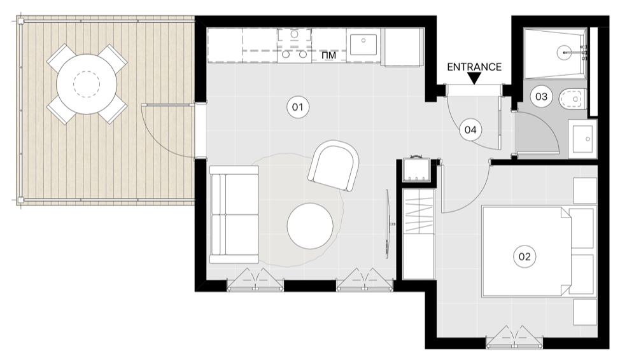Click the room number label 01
(297, 107)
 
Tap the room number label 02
(525, 256)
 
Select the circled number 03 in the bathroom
(541, 96)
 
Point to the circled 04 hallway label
(470, 130)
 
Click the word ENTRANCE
(474, 67)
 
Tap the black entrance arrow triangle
(475, 79)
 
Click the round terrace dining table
(87, 84)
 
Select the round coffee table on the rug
(310, 226)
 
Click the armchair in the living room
(334, 165)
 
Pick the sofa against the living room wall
(234, 214)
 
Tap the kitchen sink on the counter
(363, 45)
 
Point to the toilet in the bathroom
(574, 99)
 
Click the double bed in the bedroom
(538, 251)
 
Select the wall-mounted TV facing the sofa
(389, 224)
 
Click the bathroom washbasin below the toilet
(582, 139)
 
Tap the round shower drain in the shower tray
(565, 52)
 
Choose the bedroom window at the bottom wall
(514, 338)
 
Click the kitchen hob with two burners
(294, 45)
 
